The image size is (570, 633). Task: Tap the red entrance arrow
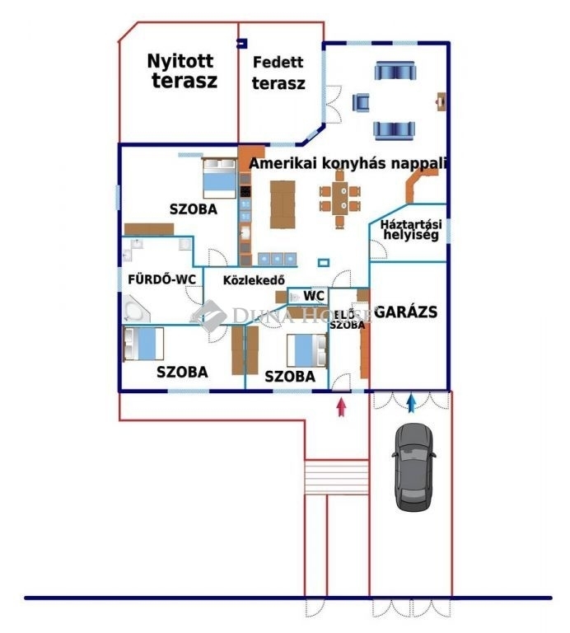[342, 406]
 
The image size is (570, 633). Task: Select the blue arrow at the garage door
[411, 403]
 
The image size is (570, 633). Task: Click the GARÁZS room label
[405, 312]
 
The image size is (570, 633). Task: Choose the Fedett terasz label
[278, 73]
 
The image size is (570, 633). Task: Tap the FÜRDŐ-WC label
[161, 279]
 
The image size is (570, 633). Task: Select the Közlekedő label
[254, 280]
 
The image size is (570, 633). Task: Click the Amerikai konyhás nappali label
[348, 164]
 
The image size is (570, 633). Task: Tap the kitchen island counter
[282, 204]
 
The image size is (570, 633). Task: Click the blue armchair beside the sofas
[361, 102]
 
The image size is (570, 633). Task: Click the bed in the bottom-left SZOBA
[143, 343]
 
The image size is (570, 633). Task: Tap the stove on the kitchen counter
[245, 204]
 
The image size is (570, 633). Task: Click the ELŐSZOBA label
[348, 319]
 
